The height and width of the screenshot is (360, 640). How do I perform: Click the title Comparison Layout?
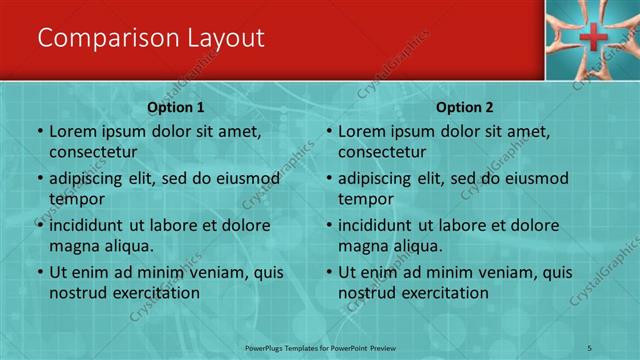[x=150, y=38]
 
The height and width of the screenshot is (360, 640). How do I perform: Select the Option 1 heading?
[x=176, y=107]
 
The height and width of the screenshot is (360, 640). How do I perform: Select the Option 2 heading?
[x=465, y=107]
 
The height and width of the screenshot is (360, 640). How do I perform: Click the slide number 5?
[x=590, y=346]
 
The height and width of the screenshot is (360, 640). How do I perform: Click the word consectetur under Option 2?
[x=383, y=152]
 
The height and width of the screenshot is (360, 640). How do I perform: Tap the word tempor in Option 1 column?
[x=73, y=199]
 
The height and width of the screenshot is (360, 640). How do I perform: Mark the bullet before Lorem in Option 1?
[x=40, y=131]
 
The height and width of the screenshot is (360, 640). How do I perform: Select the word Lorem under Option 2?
[x=361, y=131]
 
